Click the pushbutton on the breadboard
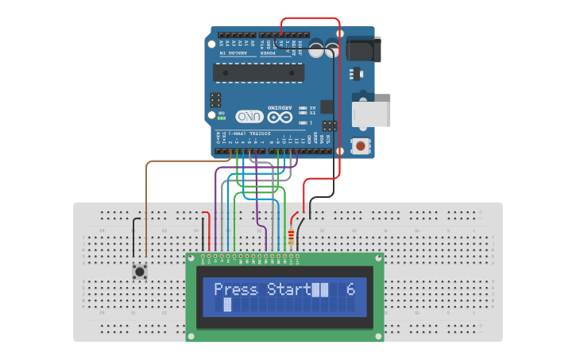140,272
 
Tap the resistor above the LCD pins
291,236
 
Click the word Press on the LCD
236,290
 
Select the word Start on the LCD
288,290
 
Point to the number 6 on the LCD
350,290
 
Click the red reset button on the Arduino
361,145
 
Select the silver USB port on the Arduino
372,114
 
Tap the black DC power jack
363,49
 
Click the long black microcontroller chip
259,72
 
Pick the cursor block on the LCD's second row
227,304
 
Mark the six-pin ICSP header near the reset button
329,125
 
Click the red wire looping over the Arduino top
310,17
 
